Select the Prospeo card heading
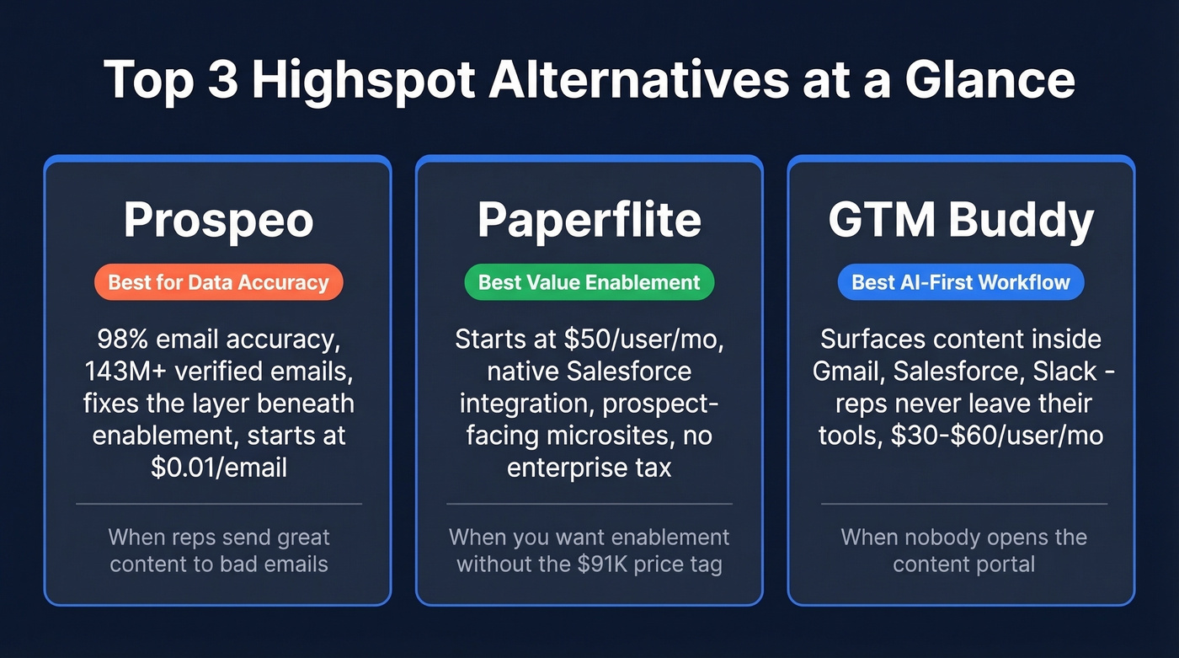[218, 220]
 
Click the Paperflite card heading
[589, 220]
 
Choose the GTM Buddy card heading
[961, 220]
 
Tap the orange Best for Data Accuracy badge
[218, 282]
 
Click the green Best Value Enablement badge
[589, 282]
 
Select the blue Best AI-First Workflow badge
[961, 282]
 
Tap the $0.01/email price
[219, 468]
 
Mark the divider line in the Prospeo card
[218, 504]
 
